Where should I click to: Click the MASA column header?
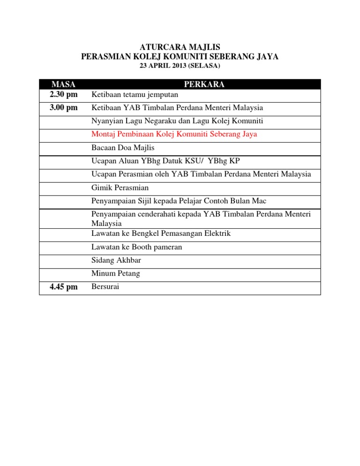[64, 84]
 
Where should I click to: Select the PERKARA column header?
[204, 84]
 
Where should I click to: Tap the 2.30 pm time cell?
[64, 95]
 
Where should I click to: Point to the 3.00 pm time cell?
[64, 108]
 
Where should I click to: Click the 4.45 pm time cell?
[64, 287]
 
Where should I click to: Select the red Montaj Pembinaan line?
[174, 134]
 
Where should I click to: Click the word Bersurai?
[105, 286]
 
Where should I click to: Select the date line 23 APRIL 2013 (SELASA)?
[180, 67]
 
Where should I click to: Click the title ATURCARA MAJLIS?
[180, 47]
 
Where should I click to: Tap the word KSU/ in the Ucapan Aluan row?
[199, 161]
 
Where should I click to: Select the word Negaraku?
[155, 121]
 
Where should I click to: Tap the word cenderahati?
[155, 214]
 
